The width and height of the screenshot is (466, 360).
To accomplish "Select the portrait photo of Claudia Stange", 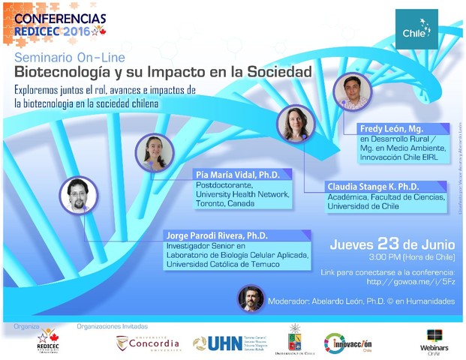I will coord(296,124).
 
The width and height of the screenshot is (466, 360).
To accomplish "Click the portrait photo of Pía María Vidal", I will coord(155,152).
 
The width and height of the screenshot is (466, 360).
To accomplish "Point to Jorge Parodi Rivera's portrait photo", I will coord(78,196).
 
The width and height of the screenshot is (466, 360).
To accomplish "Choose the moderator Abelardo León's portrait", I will coord(251,299).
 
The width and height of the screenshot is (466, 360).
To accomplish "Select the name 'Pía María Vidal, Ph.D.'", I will coord(237,175).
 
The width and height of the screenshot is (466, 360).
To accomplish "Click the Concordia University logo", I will coord(149,343).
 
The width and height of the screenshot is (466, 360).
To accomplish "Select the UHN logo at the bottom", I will coord(227,343).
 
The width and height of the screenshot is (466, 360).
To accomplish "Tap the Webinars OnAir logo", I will coord(434,341).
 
